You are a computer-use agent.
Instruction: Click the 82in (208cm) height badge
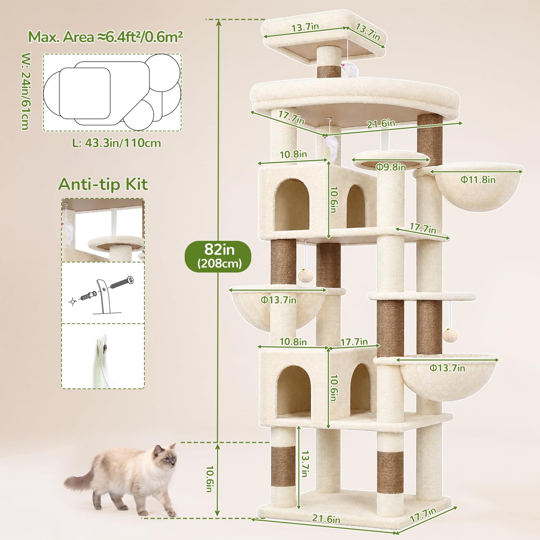click(218, 256)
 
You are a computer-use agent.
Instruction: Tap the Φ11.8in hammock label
click(478, 179)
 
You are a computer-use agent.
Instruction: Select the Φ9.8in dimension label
click(391, 167)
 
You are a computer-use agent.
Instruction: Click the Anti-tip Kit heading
click(103, 184)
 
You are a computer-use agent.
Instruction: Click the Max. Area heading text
click(105, 37)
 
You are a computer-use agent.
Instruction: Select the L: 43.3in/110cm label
click(117, 143)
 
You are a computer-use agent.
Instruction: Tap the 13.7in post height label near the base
click(305, 464)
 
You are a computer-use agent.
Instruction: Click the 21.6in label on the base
click(326, 519)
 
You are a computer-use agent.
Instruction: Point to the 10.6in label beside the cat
click(210, 479)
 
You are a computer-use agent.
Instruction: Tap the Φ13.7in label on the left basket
click(279, 300)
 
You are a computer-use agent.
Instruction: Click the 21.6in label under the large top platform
click(381, 124)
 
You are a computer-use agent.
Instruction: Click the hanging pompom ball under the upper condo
click(306, 276)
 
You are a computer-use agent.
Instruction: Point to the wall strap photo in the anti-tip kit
click(103, 356)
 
